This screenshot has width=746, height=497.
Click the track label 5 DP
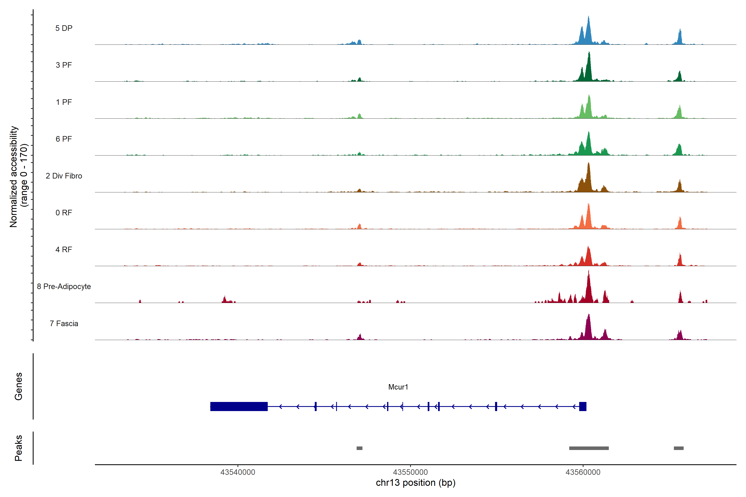pos(64,28)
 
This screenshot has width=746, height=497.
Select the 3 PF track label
pos(64,65)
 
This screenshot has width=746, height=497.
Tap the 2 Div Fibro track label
pos(64,176)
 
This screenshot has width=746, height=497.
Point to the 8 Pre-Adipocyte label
pos(64,287)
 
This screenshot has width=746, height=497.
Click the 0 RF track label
pos(64,213)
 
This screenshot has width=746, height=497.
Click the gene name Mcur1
pos(398,387)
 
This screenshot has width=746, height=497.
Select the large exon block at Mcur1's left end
pos(239,406)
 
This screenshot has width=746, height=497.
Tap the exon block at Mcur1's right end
pos(583,406)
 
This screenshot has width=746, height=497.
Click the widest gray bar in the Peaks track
pos(589,448)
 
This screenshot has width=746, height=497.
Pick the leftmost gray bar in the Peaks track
pos(359,448)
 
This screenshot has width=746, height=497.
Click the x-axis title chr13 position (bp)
pos(415,483)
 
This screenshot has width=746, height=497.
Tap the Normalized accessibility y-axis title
pos(18,177)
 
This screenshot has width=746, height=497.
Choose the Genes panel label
pos(18,386)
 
